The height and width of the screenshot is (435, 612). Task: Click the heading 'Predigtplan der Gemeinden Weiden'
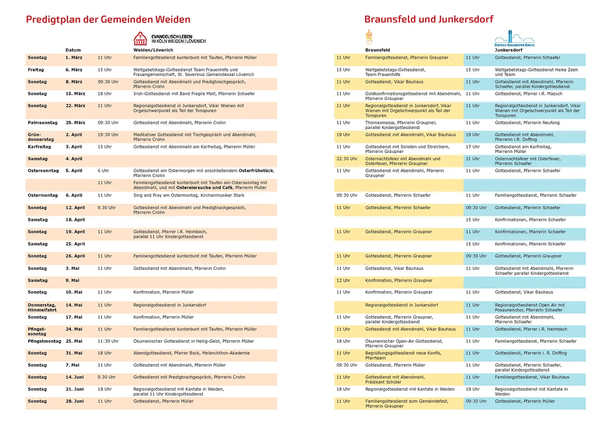(108, 19)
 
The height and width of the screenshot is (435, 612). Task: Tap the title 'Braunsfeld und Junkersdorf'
(428, 19)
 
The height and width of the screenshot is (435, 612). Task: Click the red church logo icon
(140, 38)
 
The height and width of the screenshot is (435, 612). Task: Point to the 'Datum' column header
(73, 50)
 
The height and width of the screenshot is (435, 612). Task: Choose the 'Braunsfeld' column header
(377, 50)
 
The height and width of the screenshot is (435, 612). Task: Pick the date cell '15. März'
(74, 94)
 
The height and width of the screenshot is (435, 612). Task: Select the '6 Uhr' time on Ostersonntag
(103, 171)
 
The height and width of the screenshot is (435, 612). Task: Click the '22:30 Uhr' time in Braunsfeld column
(346, 159)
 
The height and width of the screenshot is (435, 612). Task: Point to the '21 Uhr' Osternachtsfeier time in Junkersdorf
(472, 159)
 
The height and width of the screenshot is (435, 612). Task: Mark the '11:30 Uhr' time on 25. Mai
(108, 341)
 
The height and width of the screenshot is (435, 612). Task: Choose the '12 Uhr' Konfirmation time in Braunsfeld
(343, 280)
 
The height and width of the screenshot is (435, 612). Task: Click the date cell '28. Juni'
(74, 401)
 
